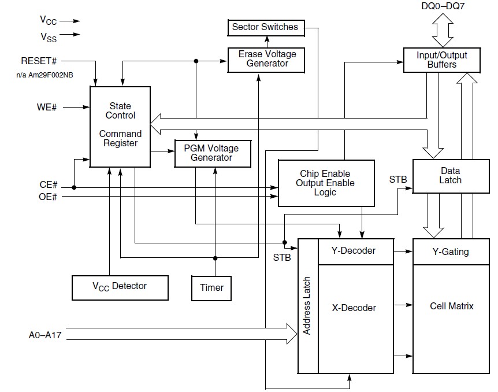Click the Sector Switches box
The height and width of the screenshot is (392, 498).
pyautogui.click(x=265, y=27)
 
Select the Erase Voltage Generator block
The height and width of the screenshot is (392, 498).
pyautogui.click(x=267, y=59)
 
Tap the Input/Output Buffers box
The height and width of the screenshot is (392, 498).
pyautogui.click(x=441, y=60)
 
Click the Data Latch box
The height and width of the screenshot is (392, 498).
pyautogui.click(x=450, y=176)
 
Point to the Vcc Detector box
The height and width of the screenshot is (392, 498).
pyautogui.click(x=120, y=286)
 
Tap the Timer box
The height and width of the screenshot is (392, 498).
pyautogui.click(x=211, y=287)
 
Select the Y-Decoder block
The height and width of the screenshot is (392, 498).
pyautogui.click(x=354, y=251)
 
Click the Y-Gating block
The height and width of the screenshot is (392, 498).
pyautogui.click(x=450, y=252)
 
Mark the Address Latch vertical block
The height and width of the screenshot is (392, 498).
pyautogui.click(x=307, y=305)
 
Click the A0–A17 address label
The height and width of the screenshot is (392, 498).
pyautogui.click(x=45, y=335)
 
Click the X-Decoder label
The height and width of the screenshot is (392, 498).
pyautogui.click(x=354, y=308)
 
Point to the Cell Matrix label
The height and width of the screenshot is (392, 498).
pyautogui.click(x=451, y=306)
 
